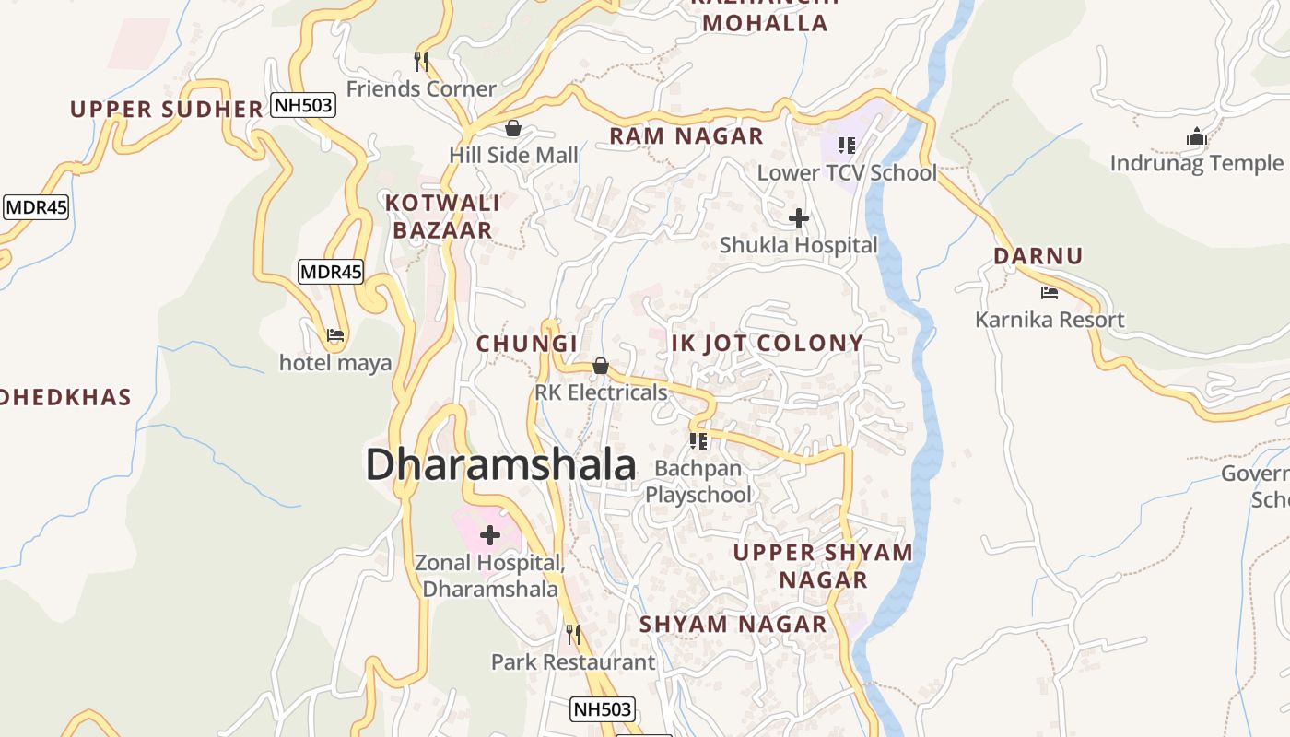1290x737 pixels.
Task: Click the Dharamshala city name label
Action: click(x=500, y=464)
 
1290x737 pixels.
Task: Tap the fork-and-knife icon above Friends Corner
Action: click(x=421, y=62)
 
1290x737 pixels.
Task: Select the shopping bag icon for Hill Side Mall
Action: click(x=513, y=128)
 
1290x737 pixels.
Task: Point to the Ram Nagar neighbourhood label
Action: click(x=686, y=136)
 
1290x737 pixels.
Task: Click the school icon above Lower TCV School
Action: click(x=847, y=145)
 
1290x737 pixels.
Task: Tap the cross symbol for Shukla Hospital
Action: click(x=799, y=218)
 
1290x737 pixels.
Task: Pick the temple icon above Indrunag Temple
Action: click(x=1197, y=137)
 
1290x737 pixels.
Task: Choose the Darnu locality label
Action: click(x=1038, y=256)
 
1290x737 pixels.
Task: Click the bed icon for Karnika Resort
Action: click(x=1050, y=293)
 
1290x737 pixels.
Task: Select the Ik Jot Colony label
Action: click(x=768, y=344)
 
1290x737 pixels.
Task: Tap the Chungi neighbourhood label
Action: click(x=526, y=344)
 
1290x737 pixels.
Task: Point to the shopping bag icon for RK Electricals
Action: click(x=601, y=366)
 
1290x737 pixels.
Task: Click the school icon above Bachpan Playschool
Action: click(x=698, y=440)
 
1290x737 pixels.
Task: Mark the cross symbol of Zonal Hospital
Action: click(x=490, y=534)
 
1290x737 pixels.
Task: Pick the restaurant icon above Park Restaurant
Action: click(x=573, y=634)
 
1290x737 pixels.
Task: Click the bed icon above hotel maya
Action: click(x=335, y=335)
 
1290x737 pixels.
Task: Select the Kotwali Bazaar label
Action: click(x=442, y=216)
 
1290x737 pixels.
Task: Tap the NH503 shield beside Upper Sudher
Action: click(x=303, y=105)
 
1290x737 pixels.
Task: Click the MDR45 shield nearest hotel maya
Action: click(x=331, y=272)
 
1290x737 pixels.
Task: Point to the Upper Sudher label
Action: click(x=167, y=110)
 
